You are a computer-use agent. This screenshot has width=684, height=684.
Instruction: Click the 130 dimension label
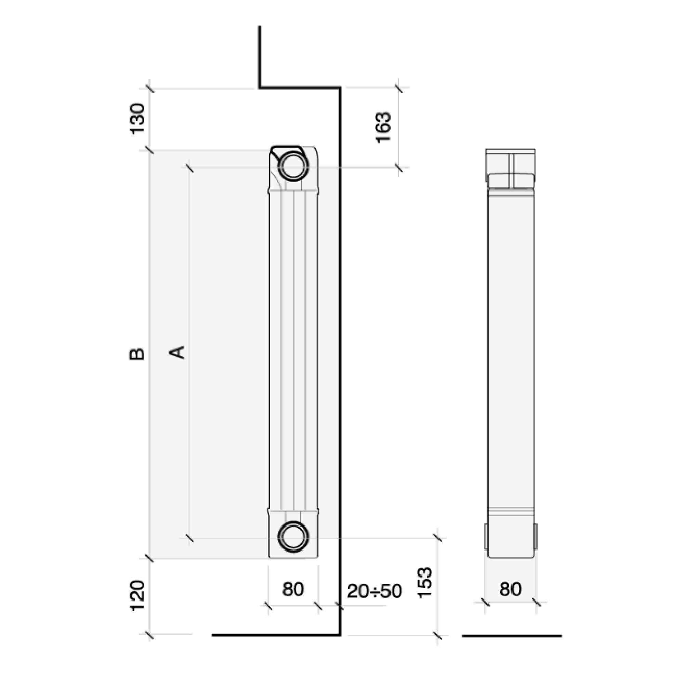coord(137,118)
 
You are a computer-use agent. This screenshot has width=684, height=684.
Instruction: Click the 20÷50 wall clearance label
coord(374,591)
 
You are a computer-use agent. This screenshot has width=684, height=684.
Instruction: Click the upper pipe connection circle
coord(293,165)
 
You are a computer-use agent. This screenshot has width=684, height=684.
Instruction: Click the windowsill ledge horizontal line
coord(300,87)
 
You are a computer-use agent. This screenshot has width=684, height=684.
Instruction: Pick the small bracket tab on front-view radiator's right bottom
coord(535,537)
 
